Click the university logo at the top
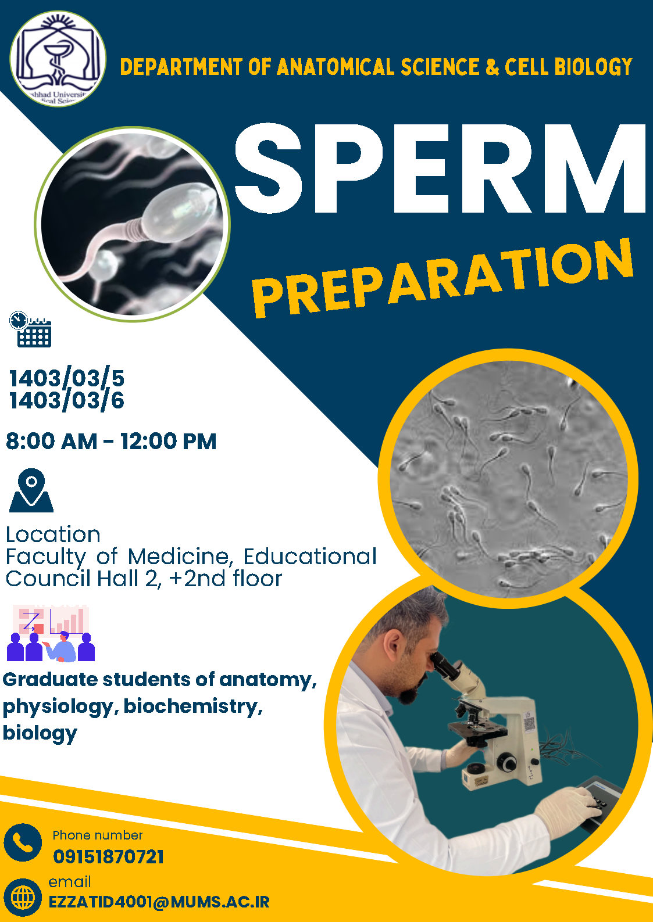58,59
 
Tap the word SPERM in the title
440,168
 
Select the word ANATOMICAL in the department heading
336,67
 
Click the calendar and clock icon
30,329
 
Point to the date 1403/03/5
67,378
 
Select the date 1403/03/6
67,400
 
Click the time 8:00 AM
52,441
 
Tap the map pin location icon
31,490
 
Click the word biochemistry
193,706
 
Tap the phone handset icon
23,842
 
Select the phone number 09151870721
108,857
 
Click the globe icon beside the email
23,897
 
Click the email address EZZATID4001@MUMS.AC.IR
159,902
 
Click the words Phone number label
98,835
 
